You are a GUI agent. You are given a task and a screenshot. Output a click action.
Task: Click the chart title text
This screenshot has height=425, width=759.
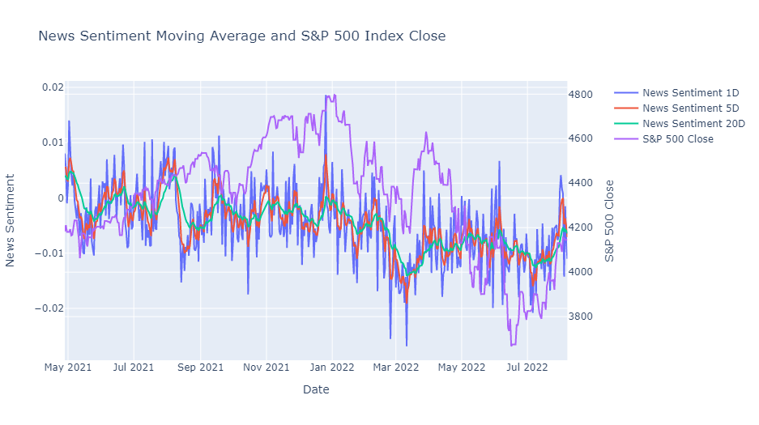click(x=242, y=36)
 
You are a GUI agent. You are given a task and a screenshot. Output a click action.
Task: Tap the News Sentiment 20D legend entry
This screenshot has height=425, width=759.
click(x=680, y=124)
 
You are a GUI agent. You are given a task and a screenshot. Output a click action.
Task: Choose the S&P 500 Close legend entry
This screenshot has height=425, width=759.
click(x=663, y=139)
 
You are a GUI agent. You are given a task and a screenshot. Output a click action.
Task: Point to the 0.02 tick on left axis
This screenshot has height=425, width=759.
click(x=53, y=87)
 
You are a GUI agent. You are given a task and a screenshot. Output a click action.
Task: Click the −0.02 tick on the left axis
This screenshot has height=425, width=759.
click(x=49, y=308)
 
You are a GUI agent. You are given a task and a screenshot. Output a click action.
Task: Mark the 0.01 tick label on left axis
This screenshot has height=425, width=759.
click(x=53, y=142)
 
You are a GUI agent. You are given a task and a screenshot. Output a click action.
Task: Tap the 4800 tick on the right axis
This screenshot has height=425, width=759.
click(x=580, y=94)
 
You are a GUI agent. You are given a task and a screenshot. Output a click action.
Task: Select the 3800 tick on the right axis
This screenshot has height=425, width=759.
click(x=580, y=317)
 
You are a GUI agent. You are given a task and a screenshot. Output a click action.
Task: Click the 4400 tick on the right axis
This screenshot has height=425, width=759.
click(x=580, y=183)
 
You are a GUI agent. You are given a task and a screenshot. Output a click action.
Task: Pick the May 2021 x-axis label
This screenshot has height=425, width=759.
click(x=68, y=368)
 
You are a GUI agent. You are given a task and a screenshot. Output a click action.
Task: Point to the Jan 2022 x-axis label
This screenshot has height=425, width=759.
click(x=332, y=368)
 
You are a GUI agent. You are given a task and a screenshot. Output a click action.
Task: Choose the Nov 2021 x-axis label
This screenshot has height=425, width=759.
click(x=267, y=368)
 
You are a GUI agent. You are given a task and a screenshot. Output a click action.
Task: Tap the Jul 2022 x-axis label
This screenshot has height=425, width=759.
click(x=527, y=368)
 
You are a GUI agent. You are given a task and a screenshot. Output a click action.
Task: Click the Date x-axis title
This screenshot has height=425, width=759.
click(x=316, y=389)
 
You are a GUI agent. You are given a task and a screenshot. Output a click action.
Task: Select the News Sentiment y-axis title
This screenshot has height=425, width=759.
click(x=11, y=220)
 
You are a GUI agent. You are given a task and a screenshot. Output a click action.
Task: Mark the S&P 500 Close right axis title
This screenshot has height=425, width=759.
click(x=609, y=221)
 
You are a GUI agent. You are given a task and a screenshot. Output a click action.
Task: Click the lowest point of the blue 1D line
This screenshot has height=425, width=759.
click(x=407, y=346)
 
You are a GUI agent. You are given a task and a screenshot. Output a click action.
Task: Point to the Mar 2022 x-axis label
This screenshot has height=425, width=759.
click(x=396, y=368)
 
